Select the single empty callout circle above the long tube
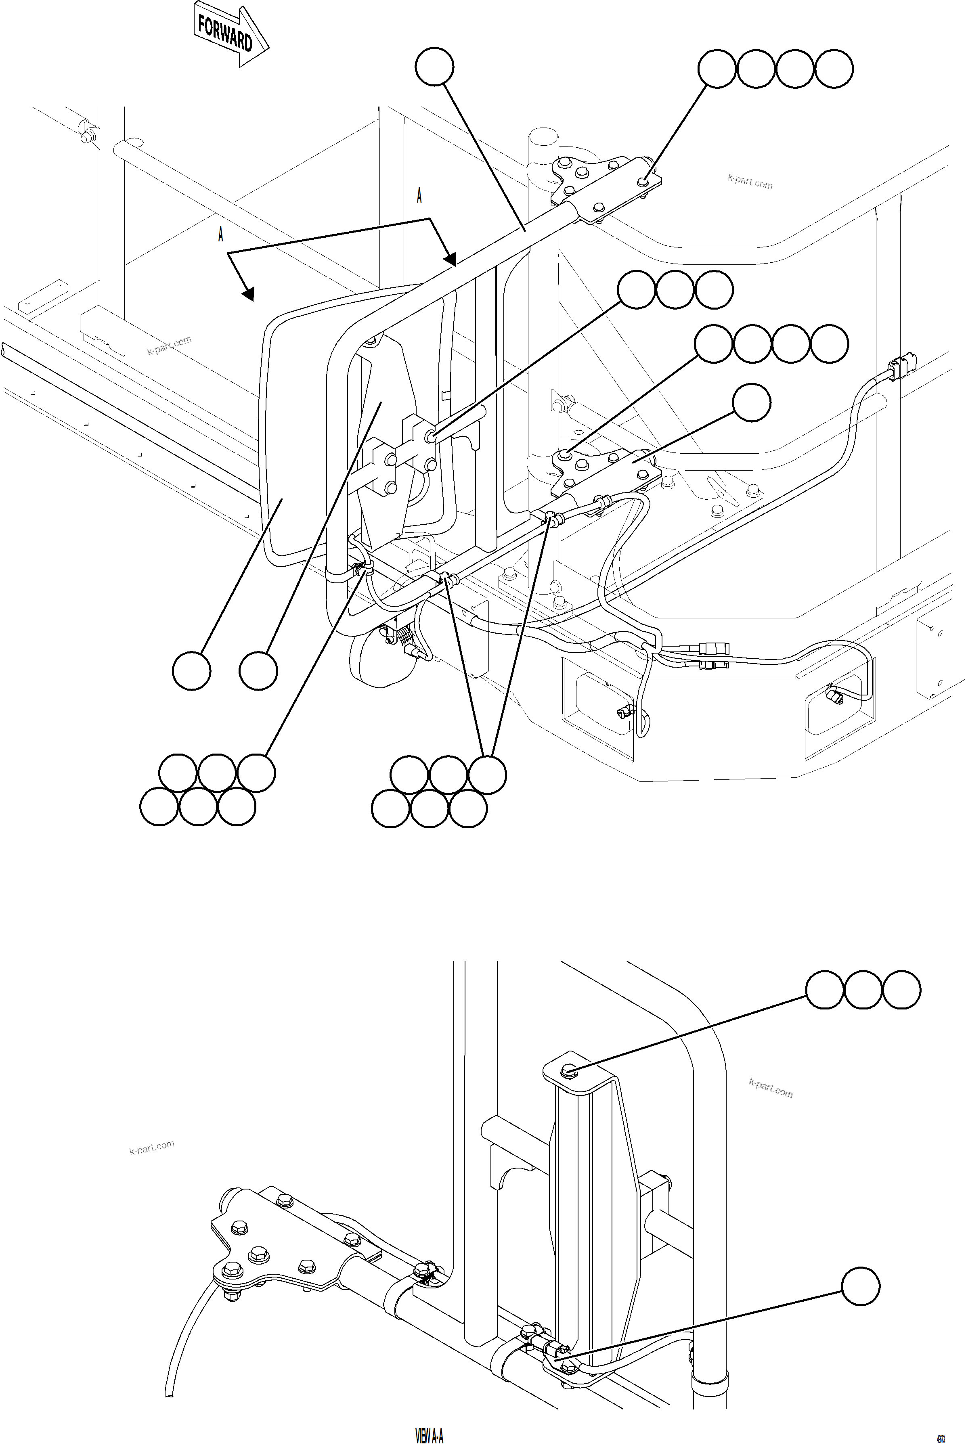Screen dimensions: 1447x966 click(434, 67)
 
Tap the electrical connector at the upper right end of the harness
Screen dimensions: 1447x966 click(901, 368)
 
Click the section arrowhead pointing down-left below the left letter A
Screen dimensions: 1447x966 click(248, 295)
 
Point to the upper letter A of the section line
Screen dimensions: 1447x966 click(419, 196)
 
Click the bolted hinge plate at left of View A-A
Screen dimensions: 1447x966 click(271, 1250)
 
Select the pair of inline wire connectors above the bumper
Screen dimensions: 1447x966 click(713, 655)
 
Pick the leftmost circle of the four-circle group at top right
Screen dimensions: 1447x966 click(717, 69)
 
